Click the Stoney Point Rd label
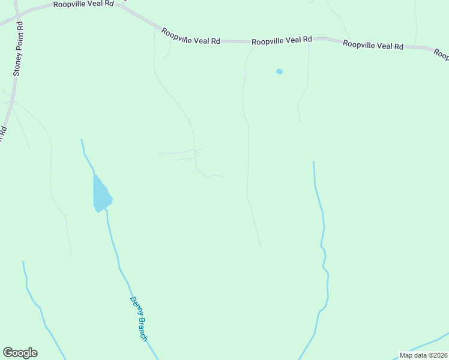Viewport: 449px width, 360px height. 19,49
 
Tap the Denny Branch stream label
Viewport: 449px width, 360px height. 139,319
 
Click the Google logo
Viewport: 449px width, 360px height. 20,353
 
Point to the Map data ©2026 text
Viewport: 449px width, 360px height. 423,355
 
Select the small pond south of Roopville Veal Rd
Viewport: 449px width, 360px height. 279,72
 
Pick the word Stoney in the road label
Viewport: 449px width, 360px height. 17,64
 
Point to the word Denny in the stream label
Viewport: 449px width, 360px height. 134,306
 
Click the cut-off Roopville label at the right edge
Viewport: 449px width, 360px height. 442,55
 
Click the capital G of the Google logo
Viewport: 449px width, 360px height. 8,353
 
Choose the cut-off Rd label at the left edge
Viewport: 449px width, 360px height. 3,133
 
